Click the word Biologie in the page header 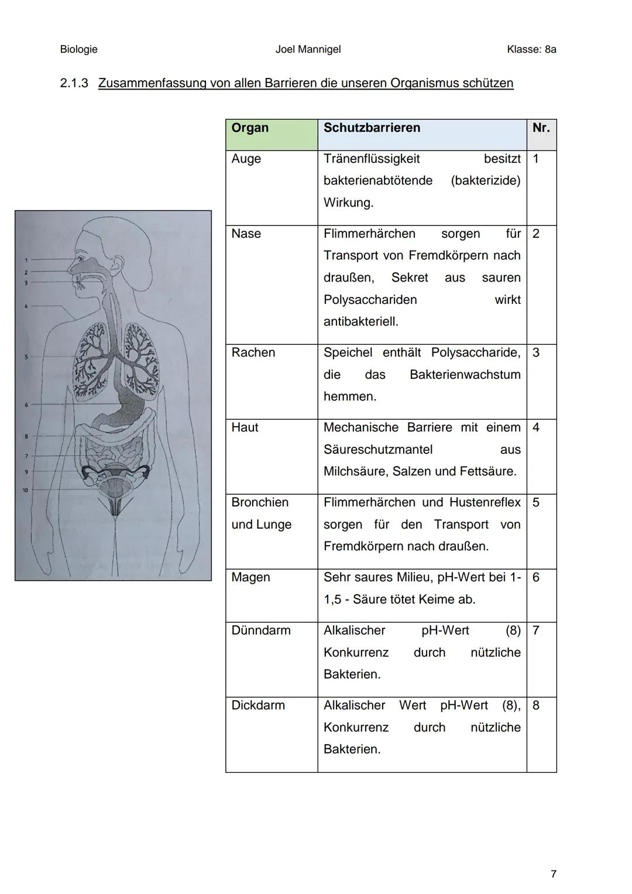(78, 49)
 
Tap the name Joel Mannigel (308, 49)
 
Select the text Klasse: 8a (531, 49)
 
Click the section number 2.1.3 (74, 83)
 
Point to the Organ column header (250, 128)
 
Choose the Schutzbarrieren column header (372, 128)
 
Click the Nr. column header (541, 128)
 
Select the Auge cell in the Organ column (246, 159)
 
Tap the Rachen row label (253, 352)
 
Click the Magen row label (250, 577)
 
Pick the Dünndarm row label (260, 631)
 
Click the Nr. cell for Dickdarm (536, 705)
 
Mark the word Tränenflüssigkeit (372, 159)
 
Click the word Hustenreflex (485, 502)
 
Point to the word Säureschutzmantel (378, 450)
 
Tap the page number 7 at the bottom (554, 874)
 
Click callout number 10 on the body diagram (26, 490)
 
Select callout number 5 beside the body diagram (26, 357)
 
